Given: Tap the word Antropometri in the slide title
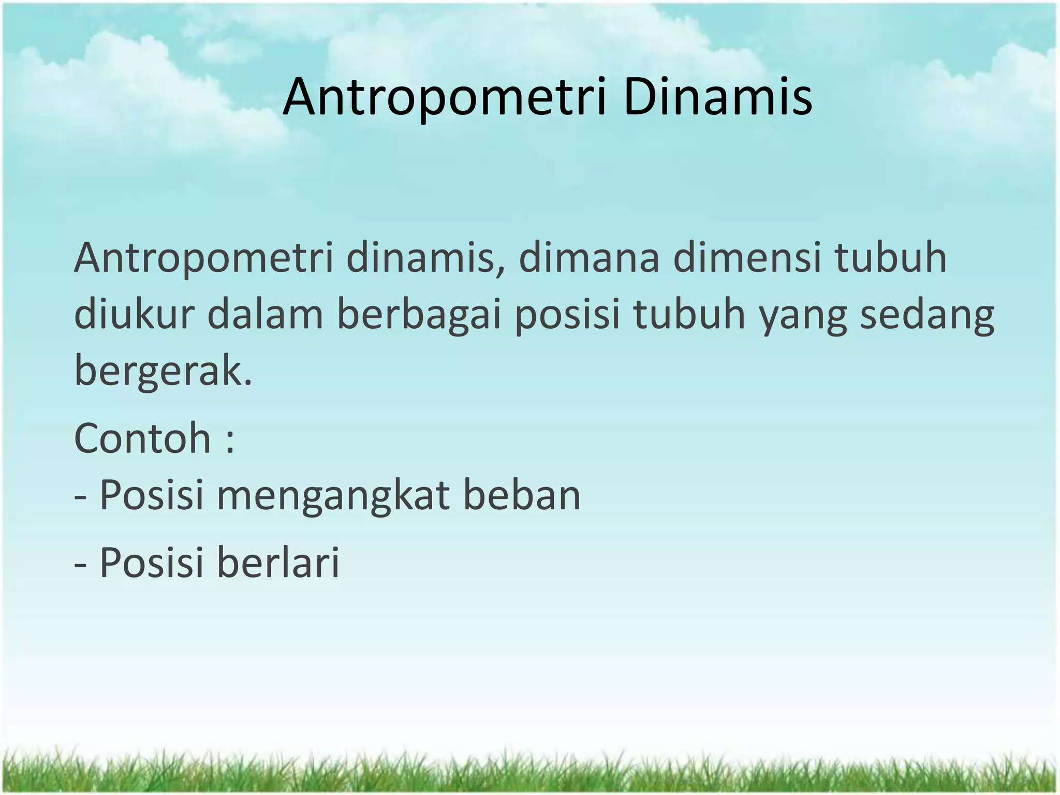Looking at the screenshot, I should click(444, 97).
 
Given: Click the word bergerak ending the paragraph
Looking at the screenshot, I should click(163, 372).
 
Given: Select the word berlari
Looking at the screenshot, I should click(278, 562).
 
